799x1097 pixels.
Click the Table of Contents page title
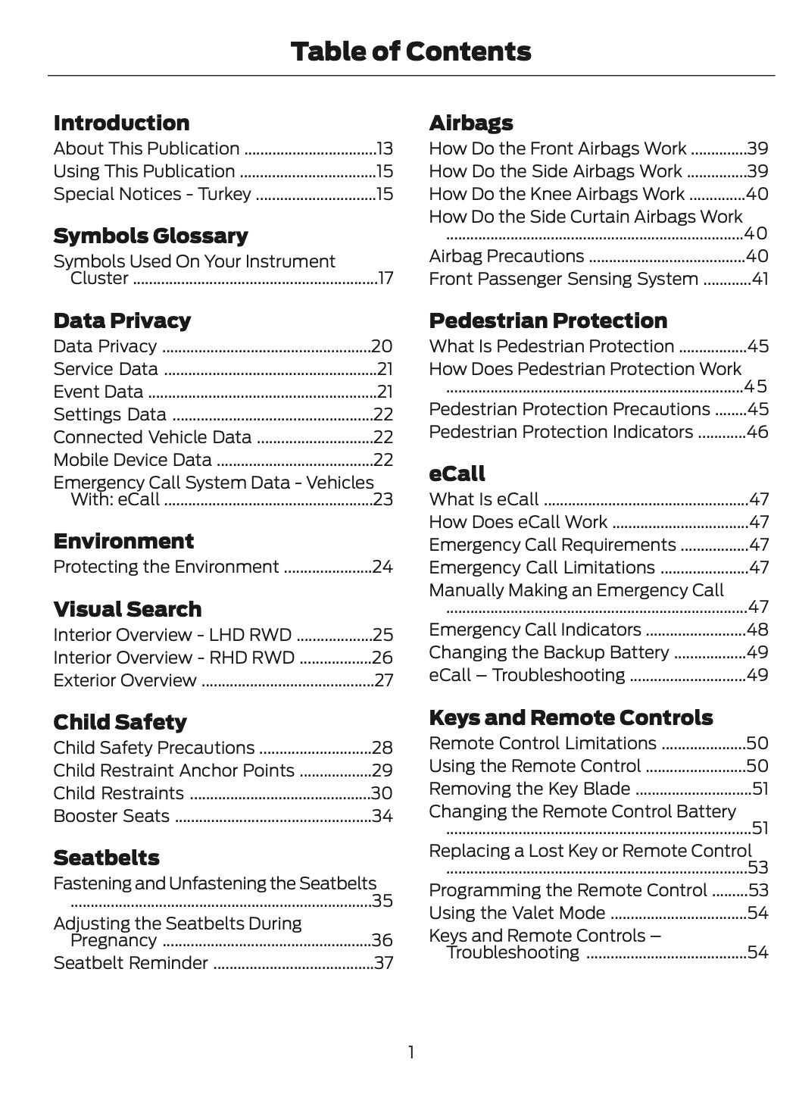tap(410, 52)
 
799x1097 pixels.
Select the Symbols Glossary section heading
tap(151, 236)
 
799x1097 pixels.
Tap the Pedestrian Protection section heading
tap(548, 321)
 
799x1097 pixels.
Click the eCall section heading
tap(457, 474)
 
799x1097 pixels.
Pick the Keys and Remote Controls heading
tap(570, 718)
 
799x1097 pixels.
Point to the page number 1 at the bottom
tap(410, 1052)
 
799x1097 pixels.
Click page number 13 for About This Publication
tap(385, 149)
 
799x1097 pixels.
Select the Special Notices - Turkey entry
tap(152, 195)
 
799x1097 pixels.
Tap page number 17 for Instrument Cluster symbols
tap(385, 279)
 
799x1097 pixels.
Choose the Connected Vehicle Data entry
tap(152, 438)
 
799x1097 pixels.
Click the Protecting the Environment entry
tap(166, 567)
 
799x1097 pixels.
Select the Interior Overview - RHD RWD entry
tap(173, 658)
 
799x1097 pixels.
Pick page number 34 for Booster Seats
tap(382, 817)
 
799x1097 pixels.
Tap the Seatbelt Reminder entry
tap(130, 964)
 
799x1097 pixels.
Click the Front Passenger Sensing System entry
tap(563, 280)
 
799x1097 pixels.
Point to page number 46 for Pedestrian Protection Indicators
tap(757, 433)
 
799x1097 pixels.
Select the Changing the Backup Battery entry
tap(549, 653)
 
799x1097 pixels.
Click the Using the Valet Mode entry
tap(517, 914)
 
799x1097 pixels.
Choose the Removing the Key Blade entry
tap(529, 789)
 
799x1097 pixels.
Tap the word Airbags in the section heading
tap(471, 123)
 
